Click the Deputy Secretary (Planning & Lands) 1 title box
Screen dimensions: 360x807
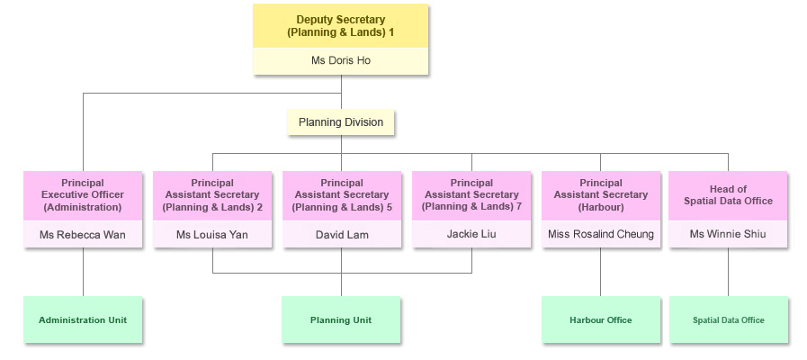(340, 26)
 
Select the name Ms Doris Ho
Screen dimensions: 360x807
(340, 61)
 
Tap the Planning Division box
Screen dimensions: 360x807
(341, 122)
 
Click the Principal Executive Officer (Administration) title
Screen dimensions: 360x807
(83, 194)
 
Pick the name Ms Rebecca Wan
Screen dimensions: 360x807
(83, 235)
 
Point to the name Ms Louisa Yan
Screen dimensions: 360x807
(212, 235)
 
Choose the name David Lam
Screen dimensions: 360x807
(342, 235)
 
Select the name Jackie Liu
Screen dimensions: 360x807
(471, 234)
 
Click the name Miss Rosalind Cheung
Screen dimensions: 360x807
(601, 235)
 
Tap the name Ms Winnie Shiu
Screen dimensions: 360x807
(729, 235)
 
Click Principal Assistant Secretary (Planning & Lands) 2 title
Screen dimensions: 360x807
(212, 194)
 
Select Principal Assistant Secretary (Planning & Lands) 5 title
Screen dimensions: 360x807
(342, 194)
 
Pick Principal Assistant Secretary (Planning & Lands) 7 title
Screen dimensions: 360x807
(471, 194)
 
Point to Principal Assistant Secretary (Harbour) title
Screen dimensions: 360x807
(601, 194)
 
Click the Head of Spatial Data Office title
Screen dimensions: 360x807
(729, 194)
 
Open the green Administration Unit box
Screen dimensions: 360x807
(83, 319)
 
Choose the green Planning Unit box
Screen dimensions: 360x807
(341, 319)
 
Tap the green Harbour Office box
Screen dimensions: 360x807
(601, 319)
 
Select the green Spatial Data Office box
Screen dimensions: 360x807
(729, 319)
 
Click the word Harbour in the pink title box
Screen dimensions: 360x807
(601, 207)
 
